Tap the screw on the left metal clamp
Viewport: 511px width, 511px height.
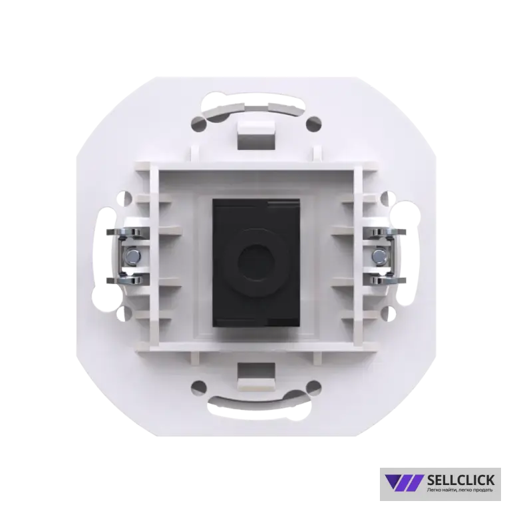click(132, 255)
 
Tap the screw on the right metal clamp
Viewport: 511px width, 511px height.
click(379, 255)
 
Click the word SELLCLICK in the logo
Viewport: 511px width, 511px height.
click(460, 480)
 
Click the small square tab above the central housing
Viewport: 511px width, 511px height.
click(255, 134)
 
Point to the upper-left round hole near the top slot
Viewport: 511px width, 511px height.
click(199, 124)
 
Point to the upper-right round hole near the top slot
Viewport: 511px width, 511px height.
click(313, 124)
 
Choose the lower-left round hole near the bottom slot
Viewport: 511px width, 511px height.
click(199, 387)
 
